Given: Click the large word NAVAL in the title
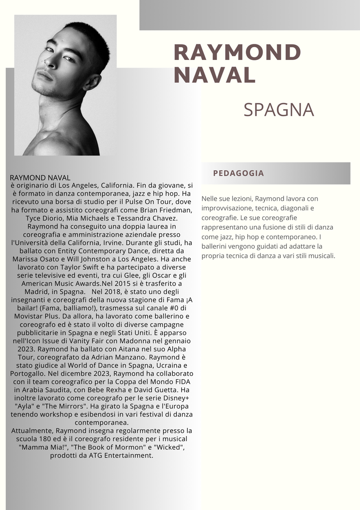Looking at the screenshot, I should (215, 75).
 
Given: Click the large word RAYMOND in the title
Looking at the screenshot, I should (237, 52).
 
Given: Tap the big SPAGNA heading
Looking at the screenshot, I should (278, 110).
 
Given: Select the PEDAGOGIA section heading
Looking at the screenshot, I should (238, 173).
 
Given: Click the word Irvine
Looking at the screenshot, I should (142, 242).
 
